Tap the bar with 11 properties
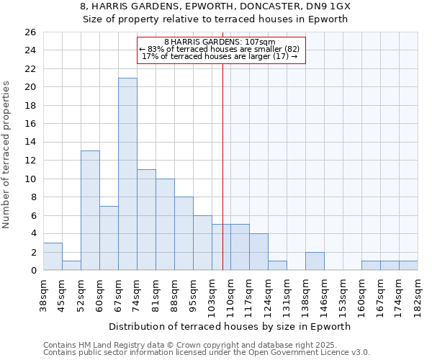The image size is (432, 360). coord(146,220)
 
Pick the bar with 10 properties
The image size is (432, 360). coord(165,225)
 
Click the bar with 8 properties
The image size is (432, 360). coord(184,233)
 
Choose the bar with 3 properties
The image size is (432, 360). coord(53,256)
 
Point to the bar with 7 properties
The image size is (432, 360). coord(109,238)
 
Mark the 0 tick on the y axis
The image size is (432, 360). coord(32,271)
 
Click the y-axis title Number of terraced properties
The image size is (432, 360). coord(7,155)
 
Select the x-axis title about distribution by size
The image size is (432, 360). coord(230,326)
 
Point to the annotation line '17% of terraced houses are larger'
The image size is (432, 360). coord(220,56)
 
